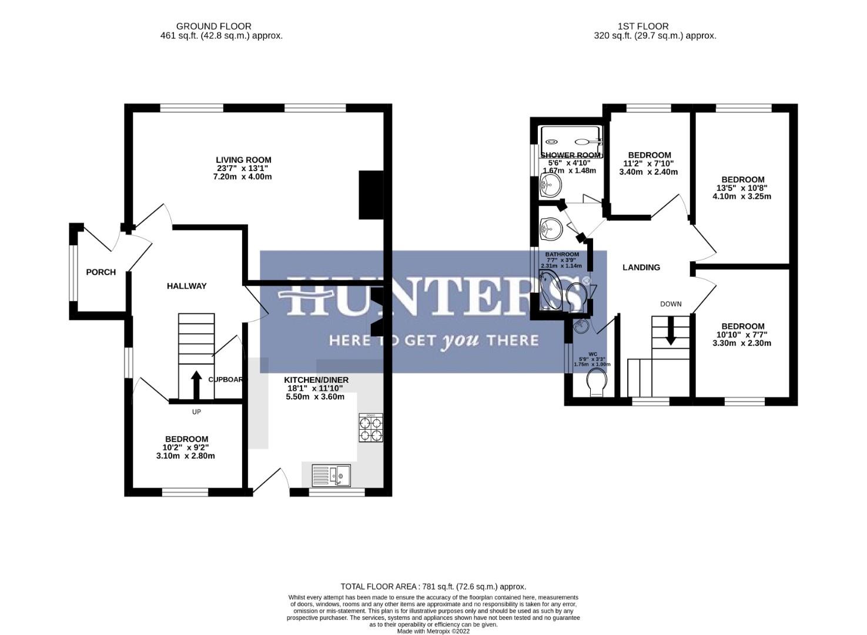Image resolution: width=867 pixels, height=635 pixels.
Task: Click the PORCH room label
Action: coord(101,272)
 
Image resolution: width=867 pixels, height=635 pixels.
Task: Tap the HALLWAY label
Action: coord(186,286)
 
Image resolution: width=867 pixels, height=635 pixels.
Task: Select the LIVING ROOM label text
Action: coord(243,160)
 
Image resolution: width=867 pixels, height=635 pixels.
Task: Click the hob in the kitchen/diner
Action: coord(370,428)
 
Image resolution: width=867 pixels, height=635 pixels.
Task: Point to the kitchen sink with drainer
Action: coord(330,475)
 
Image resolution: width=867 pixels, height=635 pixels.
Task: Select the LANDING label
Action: coord(641,268)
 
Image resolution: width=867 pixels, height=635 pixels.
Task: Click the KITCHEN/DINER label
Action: coord(316,380)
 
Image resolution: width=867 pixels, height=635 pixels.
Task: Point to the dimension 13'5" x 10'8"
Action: coord(742,188)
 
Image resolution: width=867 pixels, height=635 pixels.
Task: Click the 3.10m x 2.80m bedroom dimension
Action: coord(185,456)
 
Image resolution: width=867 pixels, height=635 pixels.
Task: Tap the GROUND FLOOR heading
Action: coord(213,26)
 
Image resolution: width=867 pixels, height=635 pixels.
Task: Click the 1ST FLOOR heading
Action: coord(642,26)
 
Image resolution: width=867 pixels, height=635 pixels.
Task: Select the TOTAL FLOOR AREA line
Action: coord(433,586)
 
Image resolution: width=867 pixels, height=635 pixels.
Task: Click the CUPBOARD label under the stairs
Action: coord(226,380)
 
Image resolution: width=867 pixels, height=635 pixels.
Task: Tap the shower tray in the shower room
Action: coord(571,141)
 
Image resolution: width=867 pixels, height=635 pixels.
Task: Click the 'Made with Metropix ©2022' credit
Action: coord(433,631)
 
